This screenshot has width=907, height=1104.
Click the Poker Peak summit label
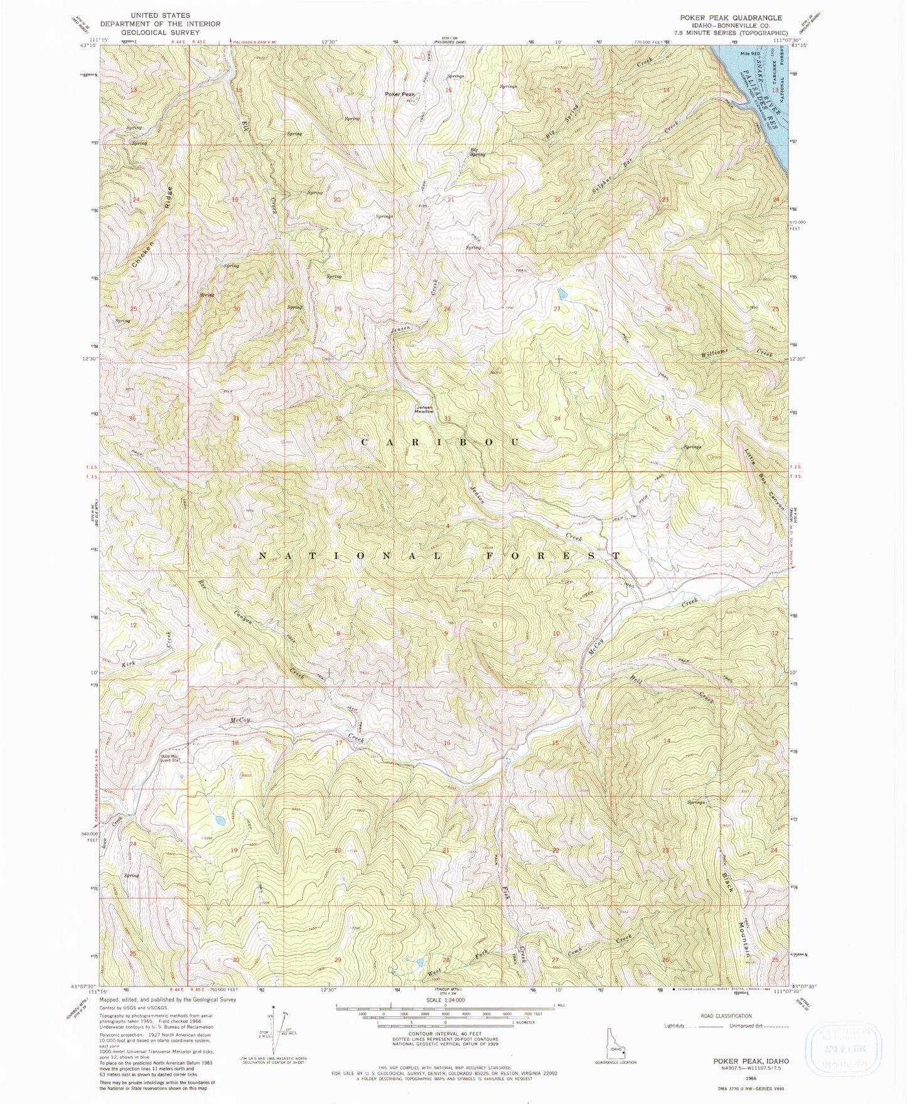point(400,94)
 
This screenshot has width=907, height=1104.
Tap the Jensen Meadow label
point(424,409)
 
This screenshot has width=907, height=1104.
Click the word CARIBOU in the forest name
point(440,442)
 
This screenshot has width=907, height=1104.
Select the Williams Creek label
point(735,353)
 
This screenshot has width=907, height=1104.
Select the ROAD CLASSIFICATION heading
point(726,1016)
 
